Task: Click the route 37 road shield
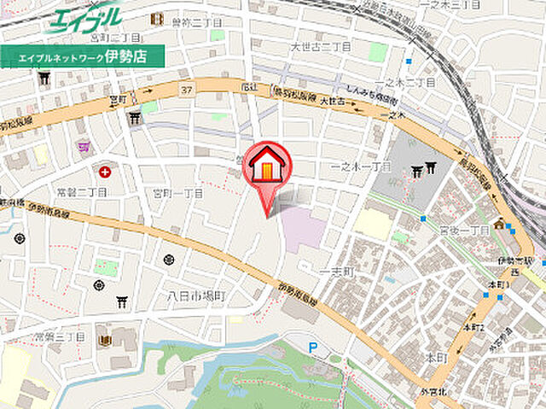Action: point(186,89)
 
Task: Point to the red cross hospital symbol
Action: point(104,172)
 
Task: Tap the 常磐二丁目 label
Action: point(81,192)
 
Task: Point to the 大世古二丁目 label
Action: point(321,45)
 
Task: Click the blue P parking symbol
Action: point(313,347)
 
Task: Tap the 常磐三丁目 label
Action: point(58,337)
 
